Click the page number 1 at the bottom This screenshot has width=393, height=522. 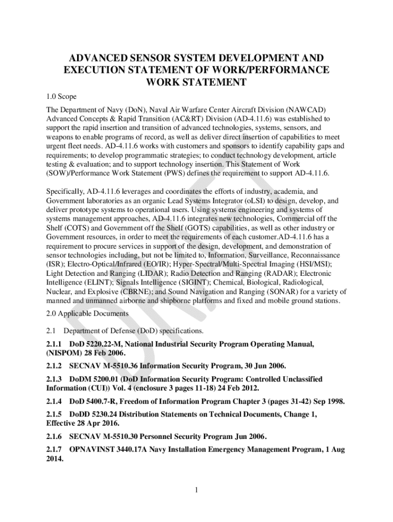196,490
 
